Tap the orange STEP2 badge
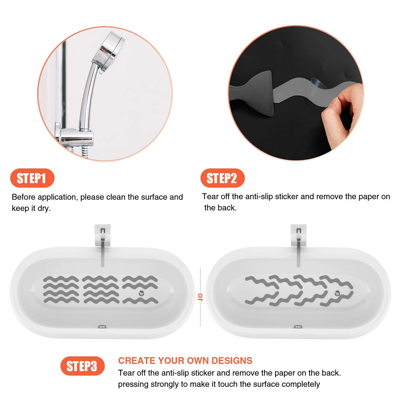(x=222, y=178)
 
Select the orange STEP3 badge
(x=82, y=366)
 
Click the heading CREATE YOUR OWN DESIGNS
(x=185, y=361)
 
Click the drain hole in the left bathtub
(x=141, y=293)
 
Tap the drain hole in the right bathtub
(x=337, y=293)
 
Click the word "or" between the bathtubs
(x=200, y=297)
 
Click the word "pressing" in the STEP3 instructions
(x=133, y=384)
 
